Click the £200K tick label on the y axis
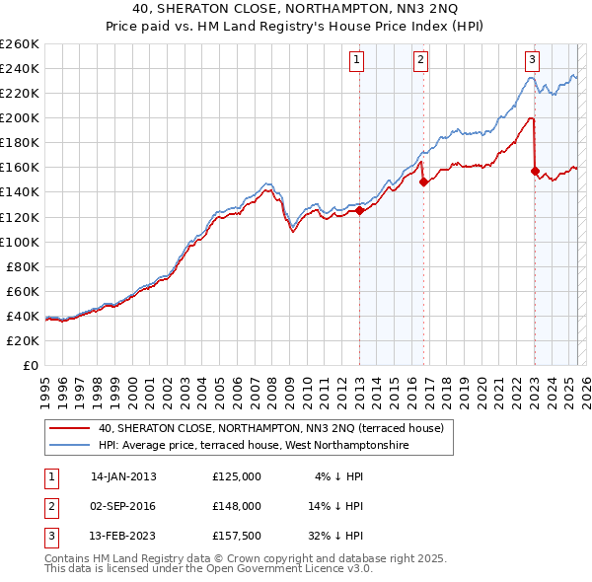coord(20,117)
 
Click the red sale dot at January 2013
coord(359,210)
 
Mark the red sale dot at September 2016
coord(423,182)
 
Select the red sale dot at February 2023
coord(535,171)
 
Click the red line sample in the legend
coord(69,428)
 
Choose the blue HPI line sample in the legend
coord(69,445)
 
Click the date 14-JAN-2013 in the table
coord(123,475)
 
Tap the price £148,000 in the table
coord(237,505)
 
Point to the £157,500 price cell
coord(237,535)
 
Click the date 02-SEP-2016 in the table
coord(123,505)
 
